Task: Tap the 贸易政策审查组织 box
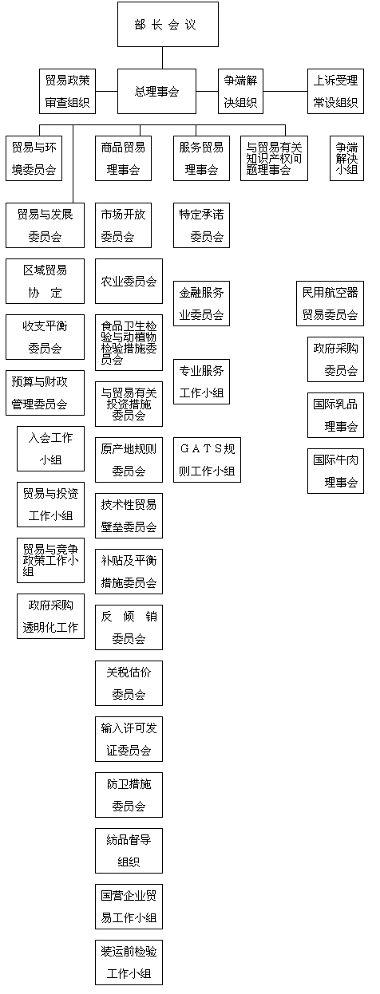click(67, 92)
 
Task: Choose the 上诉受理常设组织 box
click(335, 92)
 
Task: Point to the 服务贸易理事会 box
click(201, 158)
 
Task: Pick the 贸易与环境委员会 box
click(33, 158)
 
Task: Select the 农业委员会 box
click(129, 281)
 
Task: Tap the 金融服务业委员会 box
click(201, 303)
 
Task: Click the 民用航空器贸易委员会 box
click(330, 303)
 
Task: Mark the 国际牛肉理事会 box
click(335, 471)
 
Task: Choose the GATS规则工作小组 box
click(207, 460)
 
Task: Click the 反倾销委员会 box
click(129, 627)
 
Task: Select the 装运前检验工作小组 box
click(129, 962)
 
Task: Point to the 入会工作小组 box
click(50, 448)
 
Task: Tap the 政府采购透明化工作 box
click(50, 616)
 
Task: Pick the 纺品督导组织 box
click(129, 850)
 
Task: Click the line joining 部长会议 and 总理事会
click(162, 58)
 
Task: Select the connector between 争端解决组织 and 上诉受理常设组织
click(286, 92)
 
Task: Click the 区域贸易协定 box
click(45, 281)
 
